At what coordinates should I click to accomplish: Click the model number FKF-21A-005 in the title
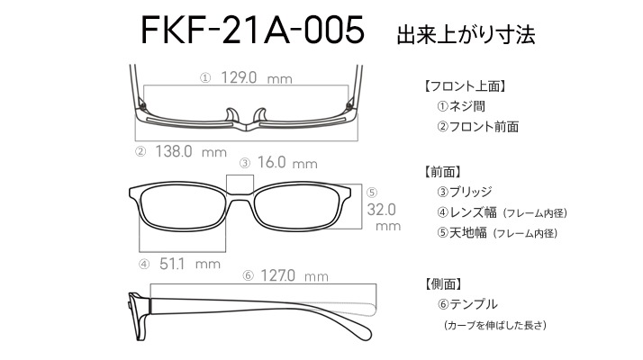(252, 30)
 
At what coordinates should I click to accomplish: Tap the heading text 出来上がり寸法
(466, 34)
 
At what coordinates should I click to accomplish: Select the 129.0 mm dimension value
(257, 77)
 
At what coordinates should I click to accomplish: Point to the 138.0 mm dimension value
(191, 151)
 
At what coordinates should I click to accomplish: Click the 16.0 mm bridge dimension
(287, 162)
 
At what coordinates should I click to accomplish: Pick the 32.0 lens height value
(381, 210)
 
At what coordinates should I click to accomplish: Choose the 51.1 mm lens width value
(190, 263)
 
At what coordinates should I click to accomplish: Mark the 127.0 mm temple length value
(294, 275)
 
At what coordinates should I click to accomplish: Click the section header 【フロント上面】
(464, 86)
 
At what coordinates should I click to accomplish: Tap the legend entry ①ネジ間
(461, 106)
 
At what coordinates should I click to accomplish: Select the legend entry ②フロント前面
(477, 127)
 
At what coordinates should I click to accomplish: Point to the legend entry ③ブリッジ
(464, 192)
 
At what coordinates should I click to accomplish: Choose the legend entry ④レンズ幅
(466, 212)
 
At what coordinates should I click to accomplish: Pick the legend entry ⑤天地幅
(462, 233)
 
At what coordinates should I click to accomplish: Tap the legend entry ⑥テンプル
(467, 304)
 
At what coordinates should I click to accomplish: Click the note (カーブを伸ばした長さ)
(495, 325)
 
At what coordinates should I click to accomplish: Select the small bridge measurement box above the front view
(240, 184)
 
